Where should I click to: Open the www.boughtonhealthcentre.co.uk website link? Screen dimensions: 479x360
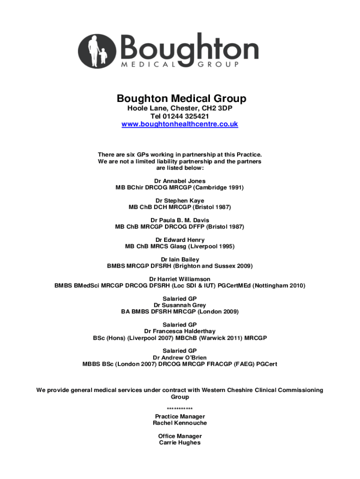(x=180, y=124)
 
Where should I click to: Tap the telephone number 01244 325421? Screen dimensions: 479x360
(x=189, y=116)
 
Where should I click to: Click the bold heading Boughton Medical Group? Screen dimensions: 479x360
(x=181, y=99)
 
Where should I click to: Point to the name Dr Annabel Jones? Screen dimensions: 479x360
(x=180, y=181)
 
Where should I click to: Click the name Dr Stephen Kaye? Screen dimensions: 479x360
(x=180, y=201)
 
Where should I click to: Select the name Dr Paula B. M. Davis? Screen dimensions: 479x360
(x=180, y=220)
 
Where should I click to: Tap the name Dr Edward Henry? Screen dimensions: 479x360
(x=180, y=240)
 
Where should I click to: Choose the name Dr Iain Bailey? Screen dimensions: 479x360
(x=180, y=260)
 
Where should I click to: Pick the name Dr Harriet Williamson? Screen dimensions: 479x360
(x=180, y=279)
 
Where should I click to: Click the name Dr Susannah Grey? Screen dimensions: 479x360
(x=180, y=305)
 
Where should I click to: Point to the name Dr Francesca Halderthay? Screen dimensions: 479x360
(x=180, y=332)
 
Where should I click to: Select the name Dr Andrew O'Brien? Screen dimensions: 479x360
(x=180, y=358)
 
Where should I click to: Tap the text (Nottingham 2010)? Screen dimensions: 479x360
(x=279, y=286)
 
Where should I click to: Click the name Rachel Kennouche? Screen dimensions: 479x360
(x=180, y=423)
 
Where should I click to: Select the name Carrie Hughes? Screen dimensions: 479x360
(x=180, y=443)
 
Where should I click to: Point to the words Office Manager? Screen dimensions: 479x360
(x=180, y=436)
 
